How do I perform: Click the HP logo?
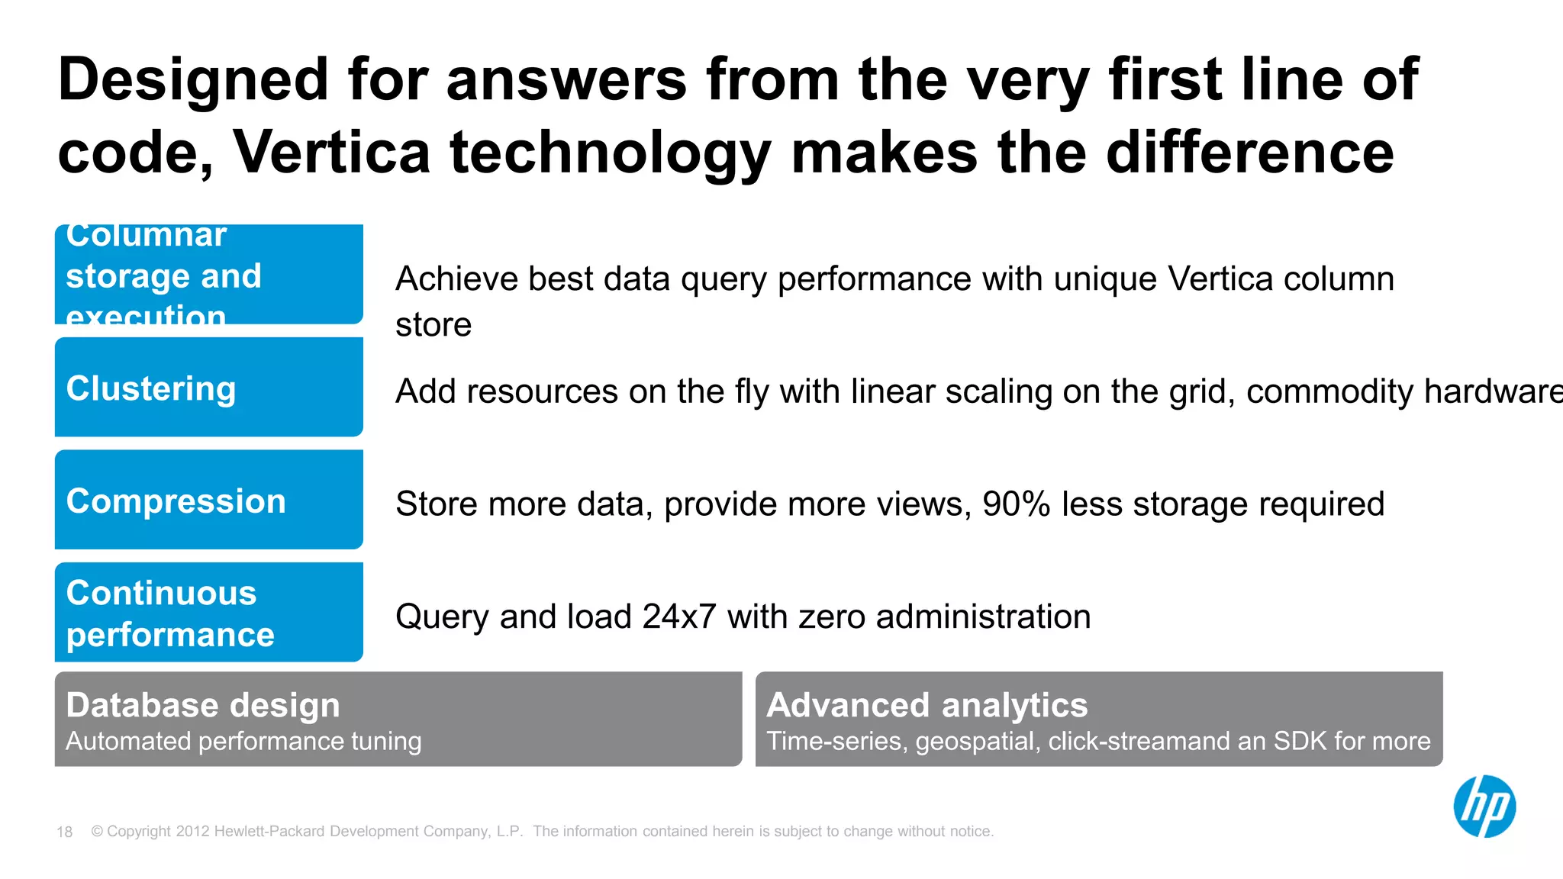coord(1484,807)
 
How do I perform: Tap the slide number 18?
coord(65,832)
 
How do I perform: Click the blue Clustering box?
coord(208,387)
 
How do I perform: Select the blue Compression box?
coord(208,500)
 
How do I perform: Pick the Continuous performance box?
coord(208,612)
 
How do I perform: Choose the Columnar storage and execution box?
coord(208,275)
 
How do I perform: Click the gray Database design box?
coord(398,719)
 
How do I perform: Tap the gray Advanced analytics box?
coord(1098,719)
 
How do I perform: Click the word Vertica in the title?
coord(332,152)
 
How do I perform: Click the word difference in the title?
coord(1249,152)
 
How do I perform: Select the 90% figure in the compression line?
coord(1016,504)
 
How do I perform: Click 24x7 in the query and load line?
coord(678,617)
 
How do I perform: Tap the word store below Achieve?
coord(433,325)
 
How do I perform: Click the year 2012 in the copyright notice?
coord(192,832)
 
